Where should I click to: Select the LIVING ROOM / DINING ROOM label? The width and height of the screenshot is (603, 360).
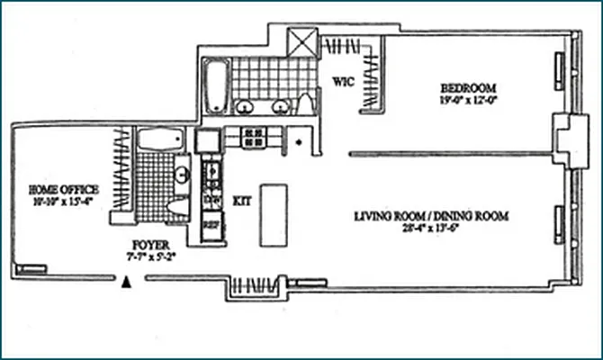tap(432, 216)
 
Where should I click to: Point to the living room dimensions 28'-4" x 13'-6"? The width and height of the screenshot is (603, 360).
tap(432, 229)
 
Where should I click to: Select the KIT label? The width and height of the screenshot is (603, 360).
tap(240, 201)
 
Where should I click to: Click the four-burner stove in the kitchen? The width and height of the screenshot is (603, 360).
tap(253, 138)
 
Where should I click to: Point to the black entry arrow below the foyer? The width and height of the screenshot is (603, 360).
tap(127, 282)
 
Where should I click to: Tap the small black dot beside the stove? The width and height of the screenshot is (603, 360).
tap(298, 142)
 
